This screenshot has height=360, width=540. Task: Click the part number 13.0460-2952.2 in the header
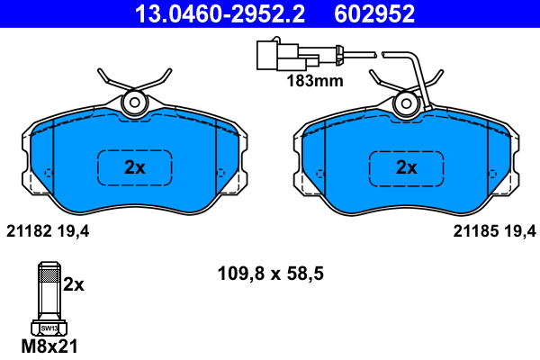tap(220, 13)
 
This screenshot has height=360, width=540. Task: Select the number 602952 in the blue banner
tap(374, 13)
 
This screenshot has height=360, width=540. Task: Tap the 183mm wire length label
tap(315, 81)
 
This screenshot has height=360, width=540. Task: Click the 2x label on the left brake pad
tap(135, 167)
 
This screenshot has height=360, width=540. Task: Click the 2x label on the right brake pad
tap(407, 167)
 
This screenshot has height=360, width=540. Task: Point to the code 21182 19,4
tap(48, 231)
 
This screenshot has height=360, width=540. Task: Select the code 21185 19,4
tap(494, 231)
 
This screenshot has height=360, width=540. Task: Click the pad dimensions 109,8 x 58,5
tap(271, 274)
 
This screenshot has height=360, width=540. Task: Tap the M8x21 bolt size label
tap(49, 346)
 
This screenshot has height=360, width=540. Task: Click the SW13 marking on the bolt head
tap(49, 328)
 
